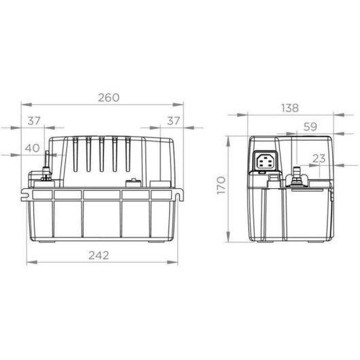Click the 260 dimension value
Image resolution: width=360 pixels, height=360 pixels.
coord(109,98)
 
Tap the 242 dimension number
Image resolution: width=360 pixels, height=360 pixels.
coord(98,255)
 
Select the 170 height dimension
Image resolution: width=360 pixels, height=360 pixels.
coord(221,185)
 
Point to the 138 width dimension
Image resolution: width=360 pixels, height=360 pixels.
coord(290,108)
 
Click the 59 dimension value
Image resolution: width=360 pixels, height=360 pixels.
coord(310,127)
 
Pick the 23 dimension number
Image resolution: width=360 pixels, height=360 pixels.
coord(319,158)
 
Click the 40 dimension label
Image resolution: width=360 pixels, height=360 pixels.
coord(32,148)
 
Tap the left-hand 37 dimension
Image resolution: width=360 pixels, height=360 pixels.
coord(34,121)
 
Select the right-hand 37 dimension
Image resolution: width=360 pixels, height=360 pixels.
coord(173,121)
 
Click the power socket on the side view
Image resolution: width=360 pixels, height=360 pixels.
coord(266,161)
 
